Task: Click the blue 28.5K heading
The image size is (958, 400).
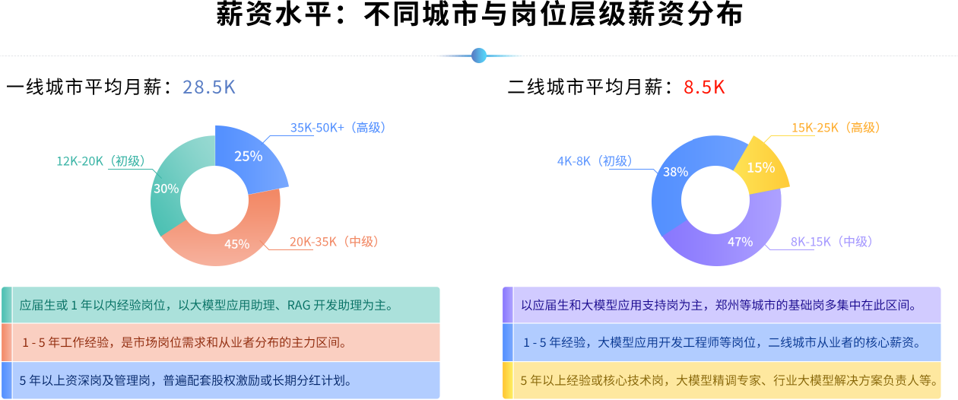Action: click(x=209, y=87)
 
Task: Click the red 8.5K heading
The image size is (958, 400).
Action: click(x=704, y=87)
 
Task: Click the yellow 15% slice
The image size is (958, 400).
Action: click(x=761, y=166)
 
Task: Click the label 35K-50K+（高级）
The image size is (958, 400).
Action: click(x=338, y=128)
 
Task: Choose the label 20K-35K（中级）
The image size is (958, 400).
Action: click(x=334, y=242)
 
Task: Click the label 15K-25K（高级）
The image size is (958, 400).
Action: click(x=836, y=128)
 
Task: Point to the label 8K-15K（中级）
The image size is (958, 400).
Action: click(x=832, y=242)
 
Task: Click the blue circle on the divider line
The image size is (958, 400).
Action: click(x=479, y=56)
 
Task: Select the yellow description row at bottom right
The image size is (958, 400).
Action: click(x=722, y=380)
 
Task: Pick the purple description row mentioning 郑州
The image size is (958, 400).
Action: click(x=722, y=306)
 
